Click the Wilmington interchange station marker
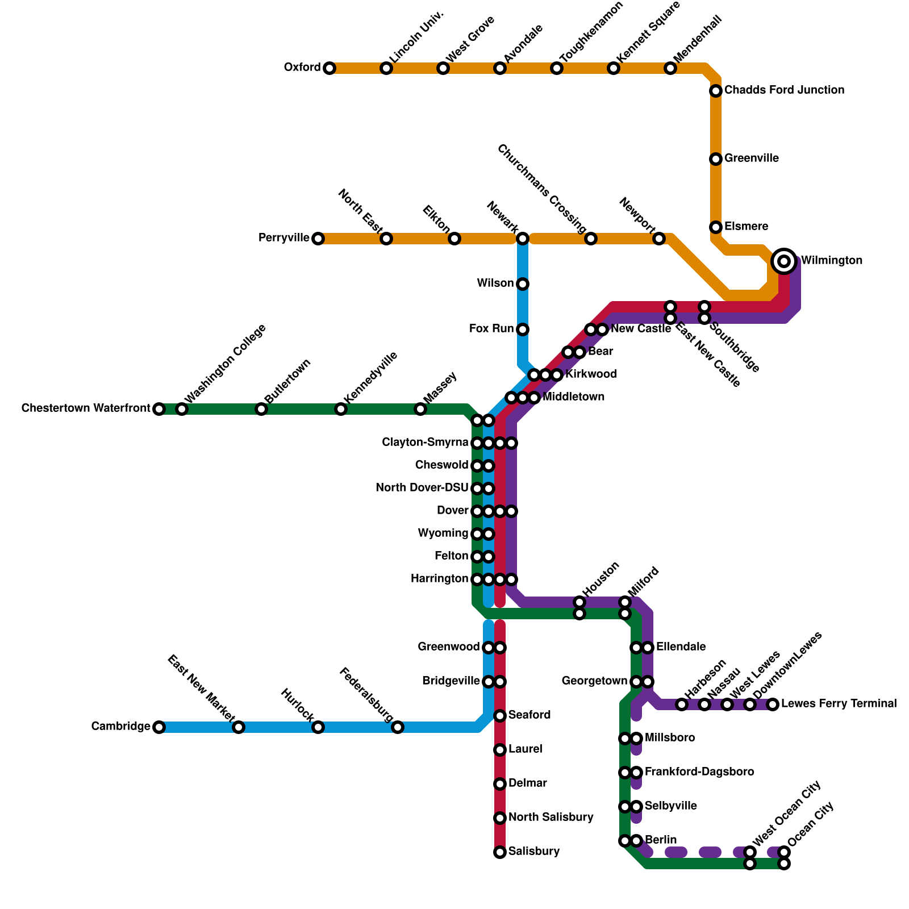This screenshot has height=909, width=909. tap(784, 261)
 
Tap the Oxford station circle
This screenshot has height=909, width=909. tap(330, 68)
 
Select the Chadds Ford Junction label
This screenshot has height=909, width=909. tap(784, 90)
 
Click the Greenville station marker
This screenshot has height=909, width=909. tap(716, 159)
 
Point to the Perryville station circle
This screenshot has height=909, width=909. tap(318, 239)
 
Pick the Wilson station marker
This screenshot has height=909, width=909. tap(523, 284)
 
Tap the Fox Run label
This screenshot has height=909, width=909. tap(491, 329)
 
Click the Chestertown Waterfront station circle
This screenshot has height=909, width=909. tap(159, 409)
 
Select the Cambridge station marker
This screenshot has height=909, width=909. tap(159, 727)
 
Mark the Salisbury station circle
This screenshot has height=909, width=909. tap(500, 852)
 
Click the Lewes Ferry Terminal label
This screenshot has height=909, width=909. tap(839, 704)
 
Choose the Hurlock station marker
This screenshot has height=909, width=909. tap(318, 727)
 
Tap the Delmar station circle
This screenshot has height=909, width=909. tap(500, 784)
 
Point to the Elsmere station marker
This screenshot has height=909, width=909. tap(716, 227)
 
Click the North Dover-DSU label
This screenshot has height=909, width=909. tap(422, 488)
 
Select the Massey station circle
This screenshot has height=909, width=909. tap(420, 409)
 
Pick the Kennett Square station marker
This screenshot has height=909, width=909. tap(614, 68)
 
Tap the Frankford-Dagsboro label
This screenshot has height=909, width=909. tap(699, 772)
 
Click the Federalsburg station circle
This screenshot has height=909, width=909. tap(398, 727)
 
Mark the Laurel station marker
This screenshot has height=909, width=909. tap(500, 750)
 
